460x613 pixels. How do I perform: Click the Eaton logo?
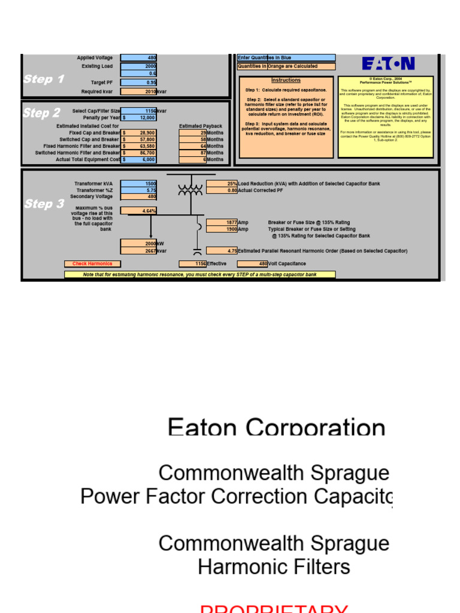click(x=388, y=64)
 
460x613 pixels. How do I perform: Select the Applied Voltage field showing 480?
click(x=138, y=58)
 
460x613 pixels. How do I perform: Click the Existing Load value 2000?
click(x=138, y=66)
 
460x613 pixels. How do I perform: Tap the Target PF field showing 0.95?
click(x=138, y=83)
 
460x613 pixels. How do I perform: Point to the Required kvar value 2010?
click(x=138, y=92)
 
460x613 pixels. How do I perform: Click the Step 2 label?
click(x=41, y=113)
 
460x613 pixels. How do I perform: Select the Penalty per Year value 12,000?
click(x=138, y=118)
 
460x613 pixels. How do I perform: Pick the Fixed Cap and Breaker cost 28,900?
click(x=138, y=133)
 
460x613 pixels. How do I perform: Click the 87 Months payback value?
click(x=193, y=153)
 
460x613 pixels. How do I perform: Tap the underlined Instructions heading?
click(x=286, y=80)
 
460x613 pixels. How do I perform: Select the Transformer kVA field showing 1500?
click(x=138, y=184)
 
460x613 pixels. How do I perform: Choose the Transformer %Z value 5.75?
click(x=138, y=190)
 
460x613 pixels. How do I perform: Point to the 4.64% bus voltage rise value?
click(x=138, y=211)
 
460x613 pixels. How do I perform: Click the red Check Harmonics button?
click(x=92, y=263)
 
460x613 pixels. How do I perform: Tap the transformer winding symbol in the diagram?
click(x=190, y=190)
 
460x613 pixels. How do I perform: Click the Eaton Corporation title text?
click(x=276, y=427)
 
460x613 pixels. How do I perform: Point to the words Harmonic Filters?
click(x=274, y=566)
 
